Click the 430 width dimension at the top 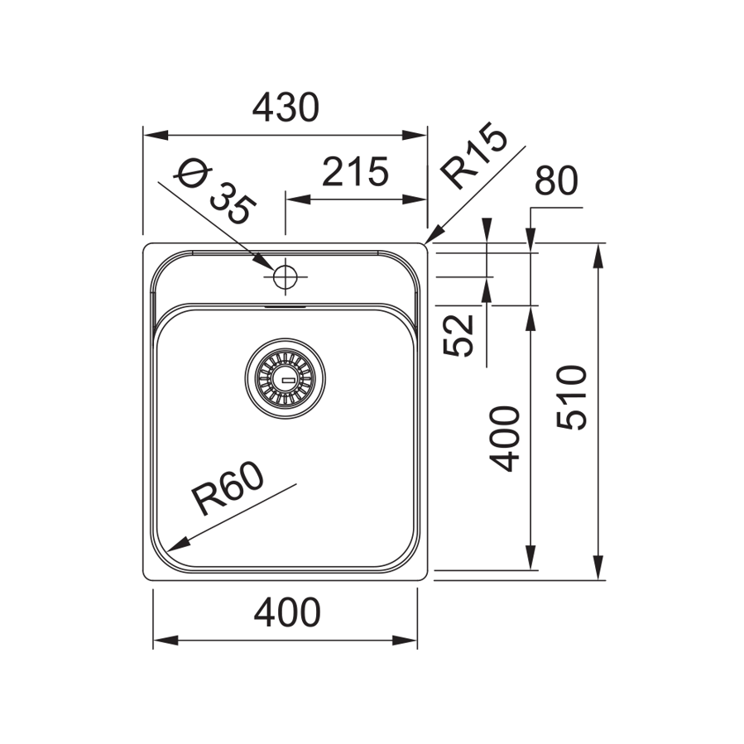[286, 108]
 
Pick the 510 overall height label [572, 396]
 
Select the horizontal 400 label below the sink [286, 612]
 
